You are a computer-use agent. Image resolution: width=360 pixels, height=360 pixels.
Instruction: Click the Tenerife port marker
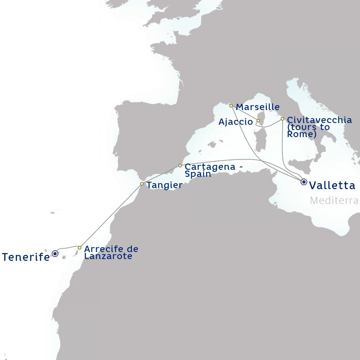click(55, 253)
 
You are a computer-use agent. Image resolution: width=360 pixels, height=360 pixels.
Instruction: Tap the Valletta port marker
click(304, 182)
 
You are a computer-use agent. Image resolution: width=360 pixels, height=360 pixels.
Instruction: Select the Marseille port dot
click(231, 106)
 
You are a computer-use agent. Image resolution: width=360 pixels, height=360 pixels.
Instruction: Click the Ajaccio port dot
click(258, 121)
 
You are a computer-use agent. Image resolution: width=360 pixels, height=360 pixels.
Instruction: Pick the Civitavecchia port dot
click(282, 119)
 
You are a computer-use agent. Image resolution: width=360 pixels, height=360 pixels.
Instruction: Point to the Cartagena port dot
click(180, 166)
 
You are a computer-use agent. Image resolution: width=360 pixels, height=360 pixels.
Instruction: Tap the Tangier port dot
click(142, 184)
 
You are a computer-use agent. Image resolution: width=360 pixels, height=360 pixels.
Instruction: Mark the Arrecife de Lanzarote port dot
click(79, 248)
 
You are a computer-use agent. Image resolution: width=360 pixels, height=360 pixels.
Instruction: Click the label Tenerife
click(26, 257)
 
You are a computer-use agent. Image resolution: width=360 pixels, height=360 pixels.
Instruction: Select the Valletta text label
click(332, 185)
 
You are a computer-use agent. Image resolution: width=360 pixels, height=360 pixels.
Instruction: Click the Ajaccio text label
click(236, 122)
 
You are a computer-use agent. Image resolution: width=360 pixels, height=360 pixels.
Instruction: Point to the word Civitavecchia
click(319, 120)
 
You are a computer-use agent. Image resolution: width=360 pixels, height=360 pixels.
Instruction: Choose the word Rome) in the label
click(302, 134)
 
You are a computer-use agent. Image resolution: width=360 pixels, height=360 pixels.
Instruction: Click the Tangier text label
click(165, 185)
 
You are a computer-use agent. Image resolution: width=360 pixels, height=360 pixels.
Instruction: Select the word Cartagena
click(210, 167)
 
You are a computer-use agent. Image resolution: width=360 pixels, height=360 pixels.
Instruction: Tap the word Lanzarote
click(108, 256)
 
